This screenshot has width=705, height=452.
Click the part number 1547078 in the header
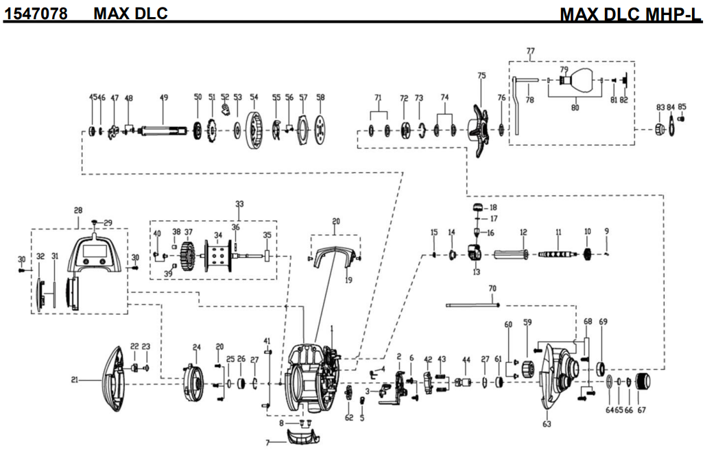36,13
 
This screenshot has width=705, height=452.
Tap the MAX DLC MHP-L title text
630,14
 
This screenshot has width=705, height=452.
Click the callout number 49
164,97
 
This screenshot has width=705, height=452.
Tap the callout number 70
492,289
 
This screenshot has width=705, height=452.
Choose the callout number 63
547,425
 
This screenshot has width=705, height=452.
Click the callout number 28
77,210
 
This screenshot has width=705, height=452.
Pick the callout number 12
523,232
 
